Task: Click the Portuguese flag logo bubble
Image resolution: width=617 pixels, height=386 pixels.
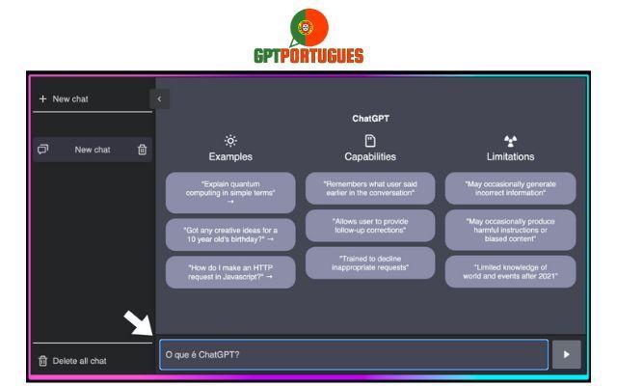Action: coord(308,28)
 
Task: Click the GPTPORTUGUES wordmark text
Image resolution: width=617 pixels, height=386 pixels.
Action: coord(308,56)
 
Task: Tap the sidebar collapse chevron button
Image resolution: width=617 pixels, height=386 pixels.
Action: coord(159,98)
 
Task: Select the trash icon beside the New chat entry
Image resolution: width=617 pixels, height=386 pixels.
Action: coord(142,150)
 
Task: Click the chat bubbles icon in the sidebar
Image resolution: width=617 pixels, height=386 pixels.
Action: coord(42,150)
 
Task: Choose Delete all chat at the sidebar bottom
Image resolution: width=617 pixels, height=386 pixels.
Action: coord(72,361)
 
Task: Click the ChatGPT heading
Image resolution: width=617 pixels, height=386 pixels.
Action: coord(370,118)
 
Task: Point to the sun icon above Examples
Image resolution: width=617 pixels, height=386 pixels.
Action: coord(230,141)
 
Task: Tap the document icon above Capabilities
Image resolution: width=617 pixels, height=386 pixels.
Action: coord(370,141)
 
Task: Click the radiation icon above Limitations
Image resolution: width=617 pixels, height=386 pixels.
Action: coord(510,141)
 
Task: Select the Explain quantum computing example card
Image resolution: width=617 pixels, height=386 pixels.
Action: coord(230,193)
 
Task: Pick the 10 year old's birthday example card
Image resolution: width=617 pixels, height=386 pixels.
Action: coord(230,234)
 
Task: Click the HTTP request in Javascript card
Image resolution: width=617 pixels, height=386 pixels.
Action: coord(230,272)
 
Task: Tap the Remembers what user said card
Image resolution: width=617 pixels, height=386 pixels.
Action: coord(370,188)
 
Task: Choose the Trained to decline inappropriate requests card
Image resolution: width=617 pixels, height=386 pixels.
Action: coord(370,263)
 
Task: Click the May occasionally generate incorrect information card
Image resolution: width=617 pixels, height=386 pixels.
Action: coord(510,188)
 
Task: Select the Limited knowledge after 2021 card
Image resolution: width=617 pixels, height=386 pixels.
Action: coord(510,271)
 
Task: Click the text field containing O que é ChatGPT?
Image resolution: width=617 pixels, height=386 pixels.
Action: coord(354,354)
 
